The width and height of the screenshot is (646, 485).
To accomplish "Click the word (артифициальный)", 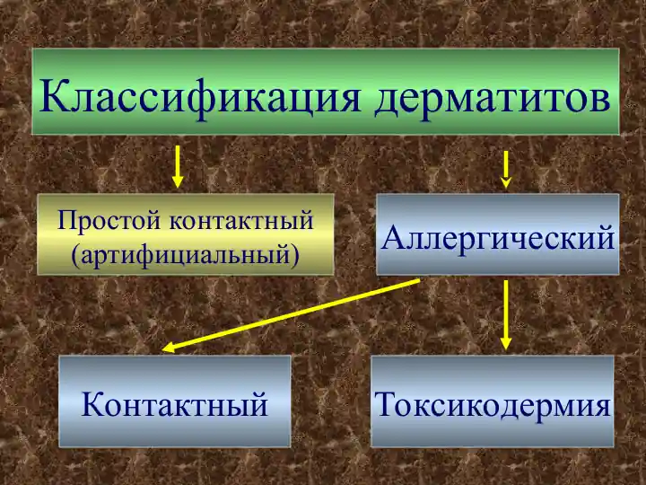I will [x=185, y=253].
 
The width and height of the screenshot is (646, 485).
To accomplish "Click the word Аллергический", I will [x=498, y=238].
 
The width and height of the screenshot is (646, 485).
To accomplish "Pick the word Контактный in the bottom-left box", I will [x=175, y=405].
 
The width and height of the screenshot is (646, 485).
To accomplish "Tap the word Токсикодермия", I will [x=493, y=405].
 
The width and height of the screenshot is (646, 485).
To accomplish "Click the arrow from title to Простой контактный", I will [x=178, y=166].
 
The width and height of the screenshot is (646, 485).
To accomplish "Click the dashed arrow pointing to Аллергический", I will [x=507, y=168].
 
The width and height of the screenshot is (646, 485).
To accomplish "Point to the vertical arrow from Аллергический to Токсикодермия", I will [x=506, y=310].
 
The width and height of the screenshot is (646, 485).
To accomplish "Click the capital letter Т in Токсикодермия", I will [x=388, y=405].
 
